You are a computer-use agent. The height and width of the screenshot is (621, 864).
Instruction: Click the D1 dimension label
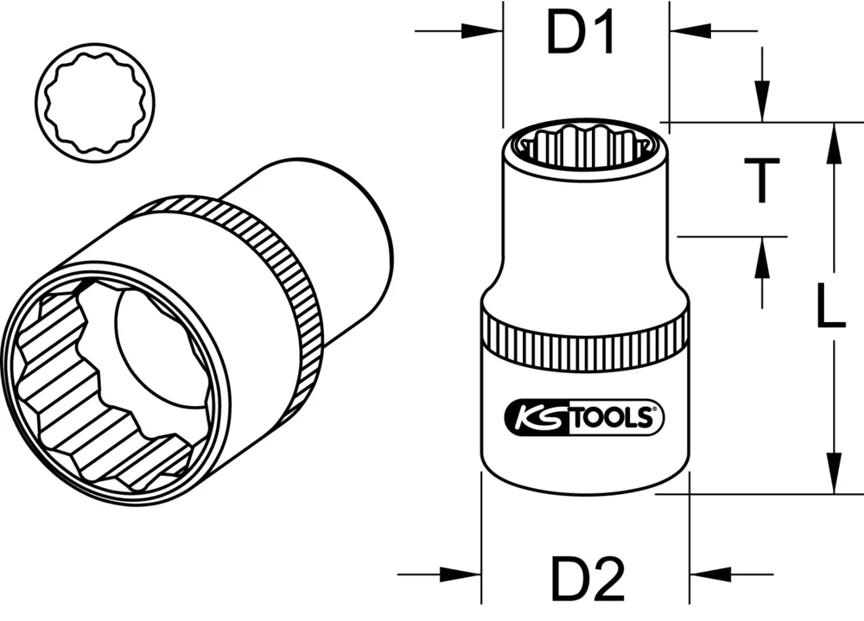(x=581, y=35)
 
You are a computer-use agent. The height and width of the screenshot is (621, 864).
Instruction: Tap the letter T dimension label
(x=761, y=181)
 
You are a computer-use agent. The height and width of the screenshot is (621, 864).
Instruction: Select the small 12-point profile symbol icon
(x=97, y=103)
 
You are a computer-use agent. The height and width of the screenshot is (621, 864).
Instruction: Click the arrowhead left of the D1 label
(x=483, y=32)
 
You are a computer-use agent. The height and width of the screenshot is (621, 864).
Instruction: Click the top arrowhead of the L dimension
(x=833, y=143)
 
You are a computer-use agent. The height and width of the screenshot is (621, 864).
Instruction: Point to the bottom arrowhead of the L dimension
(x=833, y=473)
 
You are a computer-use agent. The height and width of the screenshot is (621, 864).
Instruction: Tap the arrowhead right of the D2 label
(x=711, y=573)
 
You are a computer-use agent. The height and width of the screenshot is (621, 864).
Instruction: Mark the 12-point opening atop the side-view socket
(x=585, y=143)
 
